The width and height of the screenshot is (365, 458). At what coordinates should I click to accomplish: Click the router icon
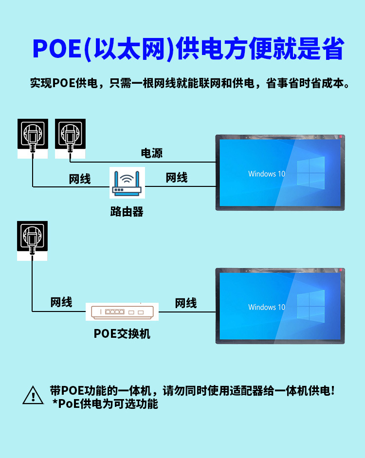tap(127, 183)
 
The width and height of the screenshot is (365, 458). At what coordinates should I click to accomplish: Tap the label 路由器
tap(127, 212)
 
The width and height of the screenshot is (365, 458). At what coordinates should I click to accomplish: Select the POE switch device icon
tap(122, 311)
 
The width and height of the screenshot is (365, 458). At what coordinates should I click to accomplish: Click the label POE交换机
tap(122, 334)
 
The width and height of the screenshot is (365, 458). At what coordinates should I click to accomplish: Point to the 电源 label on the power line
tap(152, 153)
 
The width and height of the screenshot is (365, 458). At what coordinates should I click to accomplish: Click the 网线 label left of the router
tap(80, 179)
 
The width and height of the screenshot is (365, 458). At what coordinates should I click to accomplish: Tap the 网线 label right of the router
tap(177, 178)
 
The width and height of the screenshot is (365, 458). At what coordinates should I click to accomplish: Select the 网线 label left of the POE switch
tap(61, 302)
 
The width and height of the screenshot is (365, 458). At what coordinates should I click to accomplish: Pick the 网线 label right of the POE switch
tap(186, 303)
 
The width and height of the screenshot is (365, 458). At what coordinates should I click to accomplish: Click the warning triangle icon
tap(33, 395)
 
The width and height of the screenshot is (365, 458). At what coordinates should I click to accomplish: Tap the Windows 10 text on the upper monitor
tap(267, 174)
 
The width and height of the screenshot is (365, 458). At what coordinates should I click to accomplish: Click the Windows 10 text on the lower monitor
tap(267, 307)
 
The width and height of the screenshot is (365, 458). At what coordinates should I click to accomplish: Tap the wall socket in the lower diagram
tap(33, 237)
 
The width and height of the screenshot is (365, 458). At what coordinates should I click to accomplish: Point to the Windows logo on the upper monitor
tap(310, 171)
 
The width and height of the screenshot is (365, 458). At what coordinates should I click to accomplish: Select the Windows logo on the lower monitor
tap(310, 305)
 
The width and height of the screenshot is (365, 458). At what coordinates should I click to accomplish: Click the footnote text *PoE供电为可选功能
tap(105, 404)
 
